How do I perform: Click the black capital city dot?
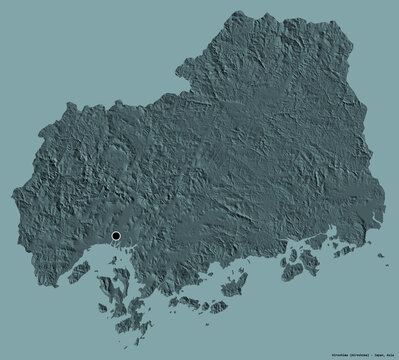pos(117,236)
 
